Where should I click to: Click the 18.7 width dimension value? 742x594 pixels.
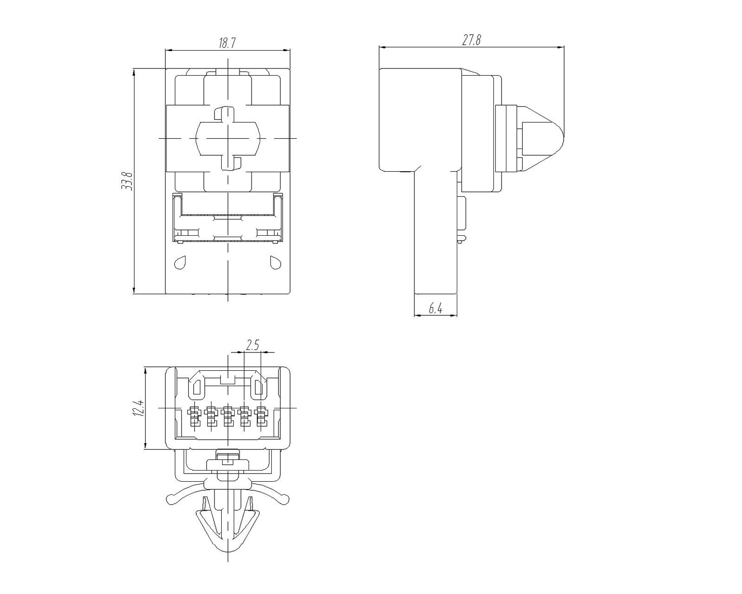coord(227,43)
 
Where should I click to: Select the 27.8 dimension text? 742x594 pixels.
coord(471,40)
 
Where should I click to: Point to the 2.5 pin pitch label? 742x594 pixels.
coord(252,345)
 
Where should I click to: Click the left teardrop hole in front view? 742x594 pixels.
coord(180,262)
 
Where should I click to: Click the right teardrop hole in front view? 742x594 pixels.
coord(276,262)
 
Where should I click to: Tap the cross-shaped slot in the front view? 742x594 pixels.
coord(227,138)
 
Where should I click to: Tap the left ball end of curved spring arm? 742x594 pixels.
coord(171,499)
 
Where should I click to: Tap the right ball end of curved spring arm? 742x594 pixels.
coord(285,499)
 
